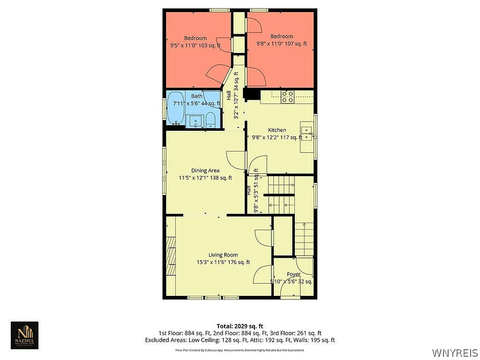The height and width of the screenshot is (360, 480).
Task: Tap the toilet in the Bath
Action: tap(211, 120)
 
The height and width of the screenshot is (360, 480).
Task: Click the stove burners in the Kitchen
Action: tap(287, 96)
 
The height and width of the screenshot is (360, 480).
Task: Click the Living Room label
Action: tap(223, 255)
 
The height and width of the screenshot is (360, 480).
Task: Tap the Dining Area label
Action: tap(205, 171)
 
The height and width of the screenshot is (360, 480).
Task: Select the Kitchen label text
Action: tap(277, 130)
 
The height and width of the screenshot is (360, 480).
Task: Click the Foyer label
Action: tap(293, 274)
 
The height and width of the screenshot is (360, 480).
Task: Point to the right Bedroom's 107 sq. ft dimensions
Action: tap(281, 43)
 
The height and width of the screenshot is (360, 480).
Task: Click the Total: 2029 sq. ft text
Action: tap(240, 326)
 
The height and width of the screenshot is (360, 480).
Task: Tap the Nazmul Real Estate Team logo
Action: tap(25, 335)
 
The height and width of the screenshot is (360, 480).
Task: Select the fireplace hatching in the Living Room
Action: tap(172, 255)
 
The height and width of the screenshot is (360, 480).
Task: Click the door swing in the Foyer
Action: tap(305, 267)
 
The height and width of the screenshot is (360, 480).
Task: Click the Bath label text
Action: tap(196, 96)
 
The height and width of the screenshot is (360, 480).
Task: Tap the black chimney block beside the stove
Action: tap(254, 95)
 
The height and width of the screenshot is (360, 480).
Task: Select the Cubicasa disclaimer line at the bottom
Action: tap(240, 350)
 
